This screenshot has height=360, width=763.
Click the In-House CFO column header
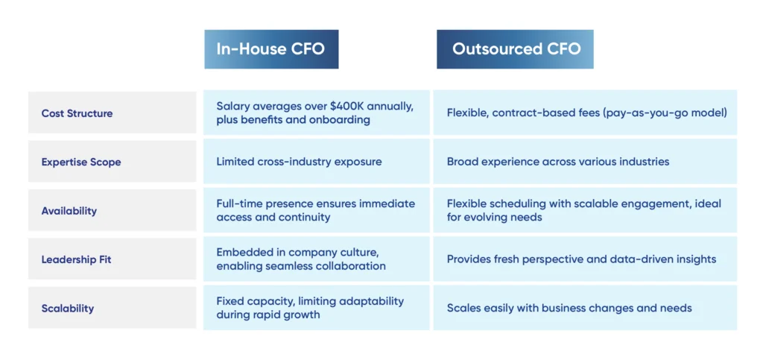tap(271, 49)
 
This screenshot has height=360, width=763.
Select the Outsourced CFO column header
tap(515, 49)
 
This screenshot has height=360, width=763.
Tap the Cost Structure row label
tap(77, 113)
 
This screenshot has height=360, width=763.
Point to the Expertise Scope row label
tap(81, 162)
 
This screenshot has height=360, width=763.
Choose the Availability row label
tap(69, 211)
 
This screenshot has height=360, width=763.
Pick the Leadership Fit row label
tap(77, 260)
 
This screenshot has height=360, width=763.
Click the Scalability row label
tap(68, 309)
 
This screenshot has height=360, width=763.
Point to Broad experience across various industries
tap(558, 162)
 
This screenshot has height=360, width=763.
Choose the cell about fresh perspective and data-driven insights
tap(581, 259)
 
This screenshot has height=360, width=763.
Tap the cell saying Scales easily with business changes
tap(569, 308)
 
